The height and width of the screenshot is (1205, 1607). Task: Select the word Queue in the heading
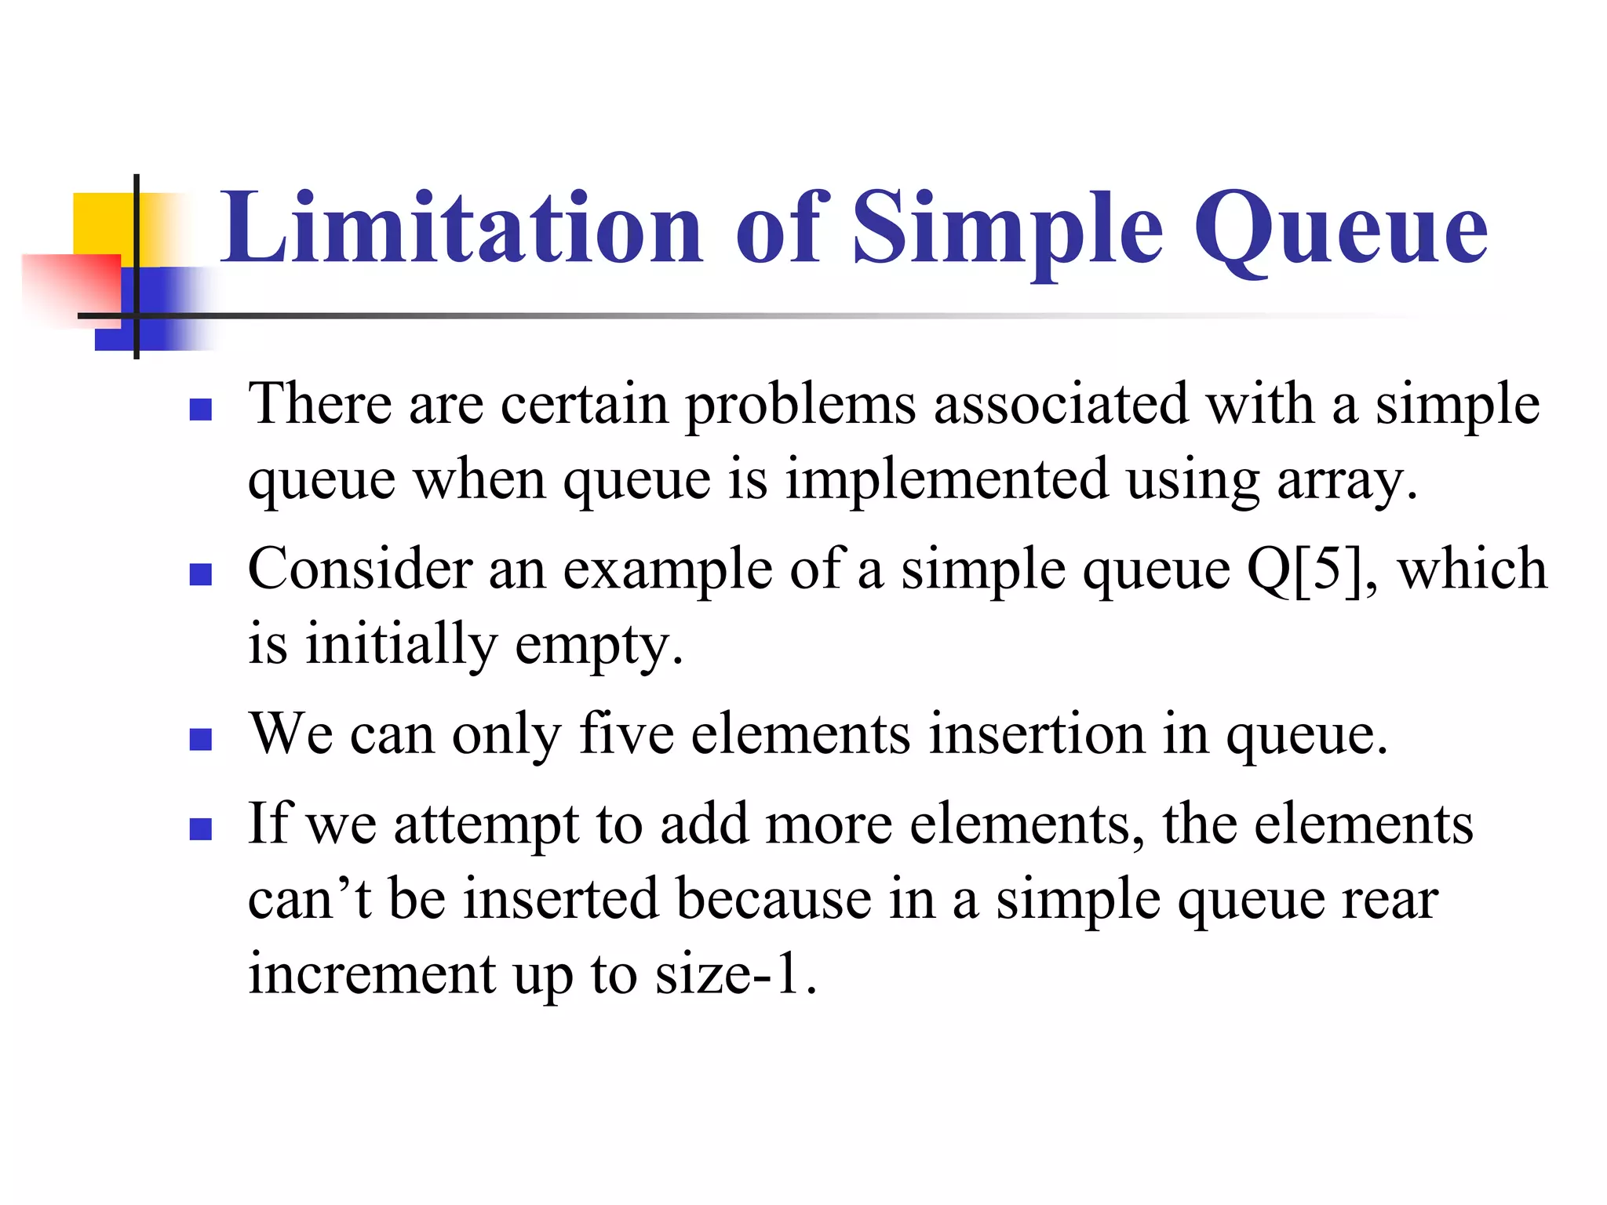1340,229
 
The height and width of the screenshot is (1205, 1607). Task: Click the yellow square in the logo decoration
102,224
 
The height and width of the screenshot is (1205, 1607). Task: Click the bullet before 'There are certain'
201,410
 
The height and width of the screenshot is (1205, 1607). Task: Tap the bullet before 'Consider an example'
201,575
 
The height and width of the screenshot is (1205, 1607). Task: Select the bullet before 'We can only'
201,740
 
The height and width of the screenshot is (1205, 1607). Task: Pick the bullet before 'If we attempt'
201,829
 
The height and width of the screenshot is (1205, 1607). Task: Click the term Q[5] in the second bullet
1303,569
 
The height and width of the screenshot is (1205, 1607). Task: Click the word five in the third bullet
626,734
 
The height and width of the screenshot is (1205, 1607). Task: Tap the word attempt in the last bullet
486,825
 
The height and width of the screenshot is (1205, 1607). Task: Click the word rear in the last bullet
1390,900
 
